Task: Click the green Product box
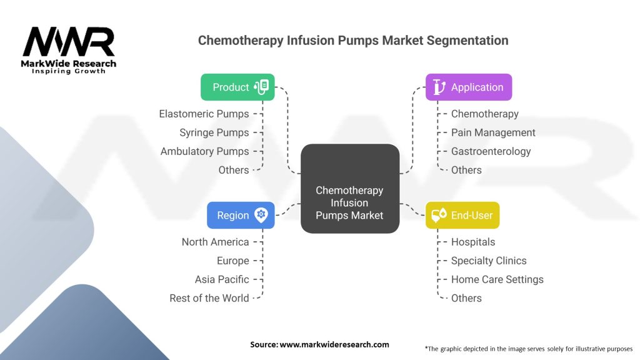coord(237,87)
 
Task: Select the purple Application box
coord(469,87)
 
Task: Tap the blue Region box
coord(241,215)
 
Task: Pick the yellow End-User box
coord(462,215)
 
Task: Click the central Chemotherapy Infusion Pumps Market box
coord(350,189)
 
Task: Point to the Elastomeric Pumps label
coord(204,114)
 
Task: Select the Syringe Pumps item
coord(214,132)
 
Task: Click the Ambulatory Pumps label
coord(204,151)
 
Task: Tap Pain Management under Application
coord(493,132)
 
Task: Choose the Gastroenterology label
coord(491,151)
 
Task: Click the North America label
coord(215,242)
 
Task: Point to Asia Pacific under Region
coord(222,279)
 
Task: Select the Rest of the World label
coord(209,298)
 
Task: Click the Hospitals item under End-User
coord(472,242)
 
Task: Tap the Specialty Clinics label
coord(489,261)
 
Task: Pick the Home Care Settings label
coord(497,279)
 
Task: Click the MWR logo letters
coord(69,42)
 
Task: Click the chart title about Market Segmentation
coord(353,41)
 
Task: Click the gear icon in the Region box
coord(261,215)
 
